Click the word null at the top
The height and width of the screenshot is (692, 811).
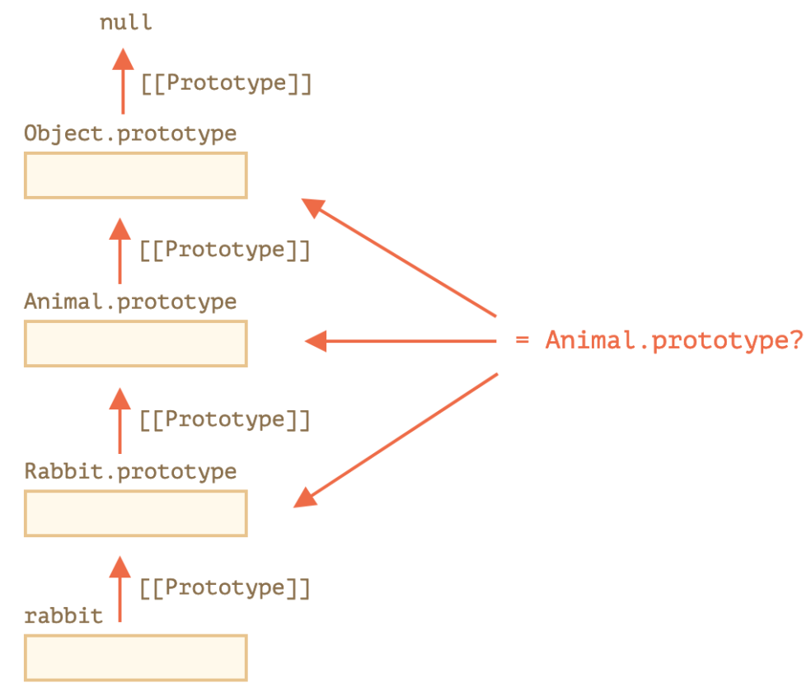pyautogui.click(x=125, y=22)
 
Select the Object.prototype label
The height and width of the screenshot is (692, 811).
pyautogui.click(x=130, y=133)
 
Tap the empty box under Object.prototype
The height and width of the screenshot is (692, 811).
pyautogui.click(x=135, y=175)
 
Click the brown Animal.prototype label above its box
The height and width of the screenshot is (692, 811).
pyautogui.click(x=130, y=302)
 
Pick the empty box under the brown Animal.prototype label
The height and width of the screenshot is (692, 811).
pyautogui.click(x=135, y=344)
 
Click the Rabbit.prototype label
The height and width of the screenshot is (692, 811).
pyautogui.click(x=130, y=471)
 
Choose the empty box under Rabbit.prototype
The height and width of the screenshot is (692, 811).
pyautogui.click(x=135, y=513)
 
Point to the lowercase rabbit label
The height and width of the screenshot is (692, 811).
pyautogui.click(x=63, y=615)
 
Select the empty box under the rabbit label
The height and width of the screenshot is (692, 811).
pyautogui.click(x=135, y=658)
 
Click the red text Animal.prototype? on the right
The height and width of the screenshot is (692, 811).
pyautogui.click(x=674, y=340)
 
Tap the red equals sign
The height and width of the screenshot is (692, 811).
pyautogui.click(x=523, y=340)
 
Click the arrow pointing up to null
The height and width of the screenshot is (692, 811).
pyautogui.click(x=123, y=81)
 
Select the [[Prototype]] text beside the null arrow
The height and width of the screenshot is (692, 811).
pyautogui.click(x=227, y=83)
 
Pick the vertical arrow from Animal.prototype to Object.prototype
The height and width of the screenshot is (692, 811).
pyautogui.click(x=120, y=251)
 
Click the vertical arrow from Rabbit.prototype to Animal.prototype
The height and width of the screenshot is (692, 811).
pyautogui.click(x=120, y=421)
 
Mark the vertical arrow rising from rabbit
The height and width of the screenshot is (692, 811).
pyautogui.click(x=120, y=589)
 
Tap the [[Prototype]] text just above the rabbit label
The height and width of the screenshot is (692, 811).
pyautogui.click(x=225, y=587)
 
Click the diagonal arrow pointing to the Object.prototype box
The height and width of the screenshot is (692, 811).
pyautogui.click(x=399, y=257)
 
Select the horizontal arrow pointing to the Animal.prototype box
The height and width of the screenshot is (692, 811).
pyautogui.click(x=401, y=341)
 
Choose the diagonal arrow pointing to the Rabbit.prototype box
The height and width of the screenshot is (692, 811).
pyautogui.click(x=396, y=440)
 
